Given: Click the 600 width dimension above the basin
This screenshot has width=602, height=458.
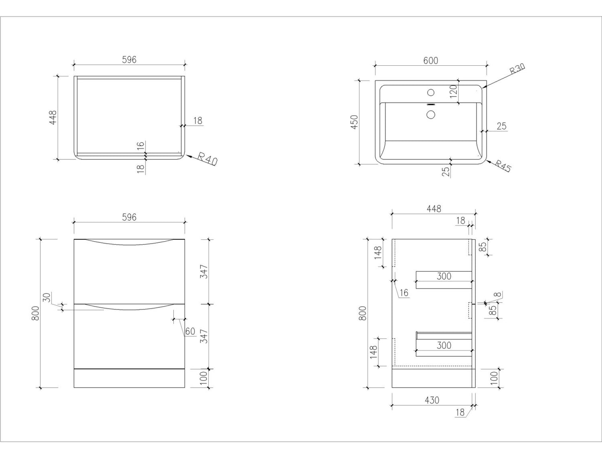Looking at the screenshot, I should click(430, 61).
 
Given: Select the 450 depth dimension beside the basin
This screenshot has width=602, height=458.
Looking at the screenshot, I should click(355, 122).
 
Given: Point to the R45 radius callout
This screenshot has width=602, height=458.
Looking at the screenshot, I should click(503, 165).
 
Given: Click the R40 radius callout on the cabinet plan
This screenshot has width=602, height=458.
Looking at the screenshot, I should click(207, 159).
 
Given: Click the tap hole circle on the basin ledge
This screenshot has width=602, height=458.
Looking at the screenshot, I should click(431, 92).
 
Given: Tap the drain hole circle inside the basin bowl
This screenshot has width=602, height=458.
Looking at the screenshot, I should click(431, 114).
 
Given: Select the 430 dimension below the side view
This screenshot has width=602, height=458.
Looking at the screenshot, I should click(432, 400).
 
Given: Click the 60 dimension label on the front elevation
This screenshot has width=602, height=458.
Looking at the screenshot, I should click(190, 331).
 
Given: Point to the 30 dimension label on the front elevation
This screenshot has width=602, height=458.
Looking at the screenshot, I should click(47, 298).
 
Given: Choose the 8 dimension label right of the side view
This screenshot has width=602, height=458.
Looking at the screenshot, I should click(497, 295).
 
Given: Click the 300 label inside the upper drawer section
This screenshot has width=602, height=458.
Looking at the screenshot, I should click(444, 276).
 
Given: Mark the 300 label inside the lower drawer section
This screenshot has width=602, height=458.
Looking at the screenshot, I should click(444, 346).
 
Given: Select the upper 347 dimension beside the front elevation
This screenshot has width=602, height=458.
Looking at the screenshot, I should click(204, 271).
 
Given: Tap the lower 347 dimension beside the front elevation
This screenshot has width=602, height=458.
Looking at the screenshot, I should click(204, 336).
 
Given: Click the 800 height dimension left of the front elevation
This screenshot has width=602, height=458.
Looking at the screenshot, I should click(35, 313).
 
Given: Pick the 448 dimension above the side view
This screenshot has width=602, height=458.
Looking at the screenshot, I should click(434, 209).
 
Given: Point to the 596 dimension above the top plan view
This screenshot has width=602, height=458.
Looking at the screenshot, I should click(129, 60).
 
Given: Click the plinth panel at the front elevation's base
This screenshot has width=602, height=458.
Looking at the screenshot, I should click(129, 378).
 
